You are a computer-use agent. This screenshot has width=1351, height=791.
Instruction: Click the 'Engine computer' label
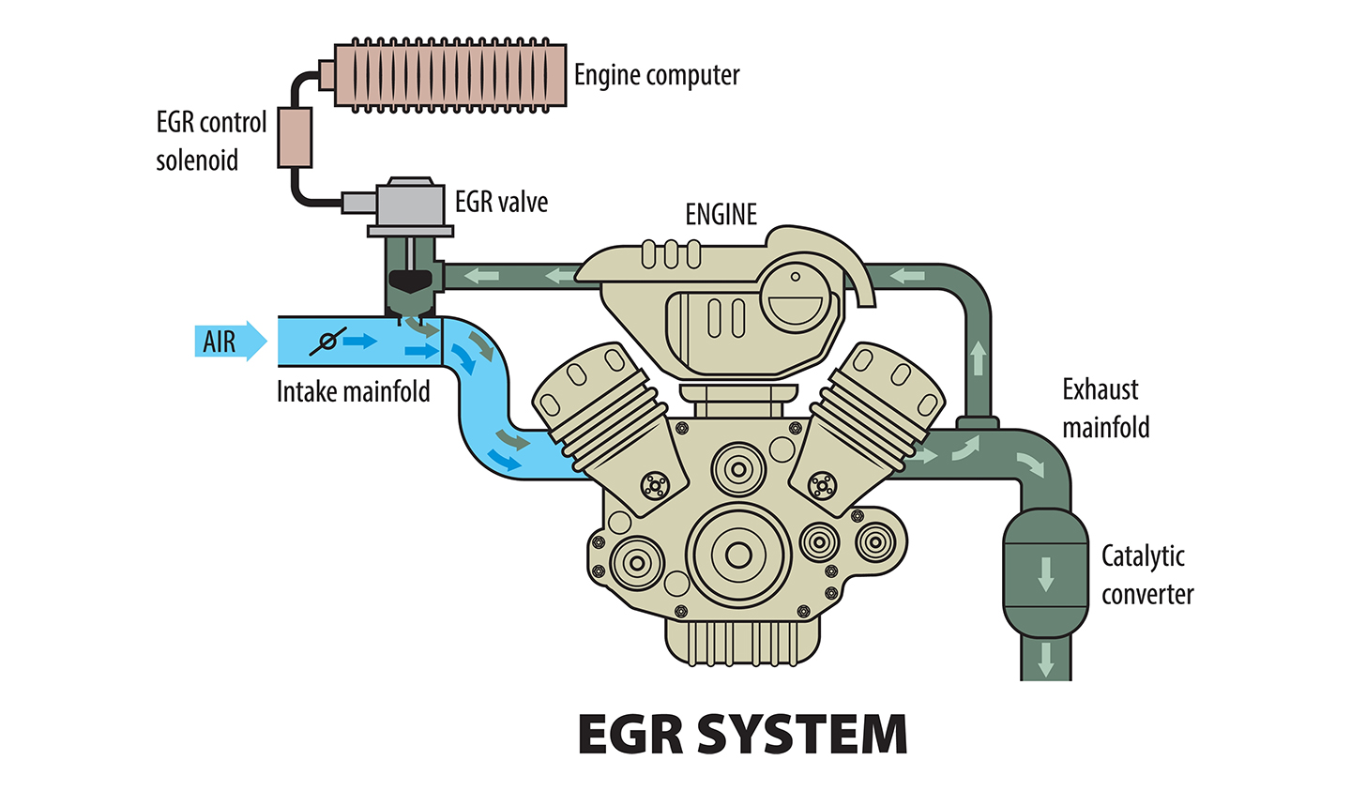tap(656, 75)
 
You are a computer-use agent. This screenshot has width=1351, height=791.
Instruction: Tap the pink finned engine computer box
tap(448, 75)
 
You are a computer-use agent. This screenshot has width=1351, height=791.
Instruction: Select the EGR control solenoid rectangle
tap(294, 138)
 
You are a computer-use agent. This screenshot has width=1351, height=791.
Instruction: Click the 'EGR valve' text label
tap(501, 202)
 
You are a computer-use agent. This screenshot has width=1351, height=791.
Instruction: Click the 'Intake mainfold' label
tap(353, 391)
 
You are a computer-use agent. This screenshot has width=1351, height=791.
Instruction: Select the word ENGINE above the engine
tap(721, 215)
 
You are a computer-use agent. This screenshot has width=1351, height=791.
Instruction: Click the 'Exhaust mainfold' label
tap(1104, 408)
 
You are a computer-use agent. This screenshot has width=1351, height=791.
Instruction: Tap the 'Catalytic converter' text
tap(1146, 574)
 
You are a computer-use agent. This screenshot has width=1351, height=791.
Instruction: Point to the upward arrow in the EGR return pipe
tap(978, 357)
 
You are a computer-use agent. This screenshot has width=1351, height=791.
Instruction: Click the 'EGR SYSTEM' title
tap(742, 735)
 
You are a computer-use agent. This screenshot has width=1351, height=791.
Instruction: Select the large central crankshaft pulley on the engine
tap(738, 555)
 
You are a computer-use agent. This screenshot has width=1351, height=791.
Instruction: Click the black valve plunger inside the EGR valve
tap(410, 279)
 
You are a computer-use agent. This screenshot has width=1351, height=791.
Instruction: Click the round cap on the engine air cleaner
tap(796, 292)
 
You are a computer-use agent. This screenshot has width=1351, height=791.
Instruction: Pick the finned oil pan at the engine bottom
tap(738, 642)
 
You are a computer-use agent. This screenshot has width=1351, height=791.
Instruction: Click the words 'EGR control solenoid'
tap(211, 142)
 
